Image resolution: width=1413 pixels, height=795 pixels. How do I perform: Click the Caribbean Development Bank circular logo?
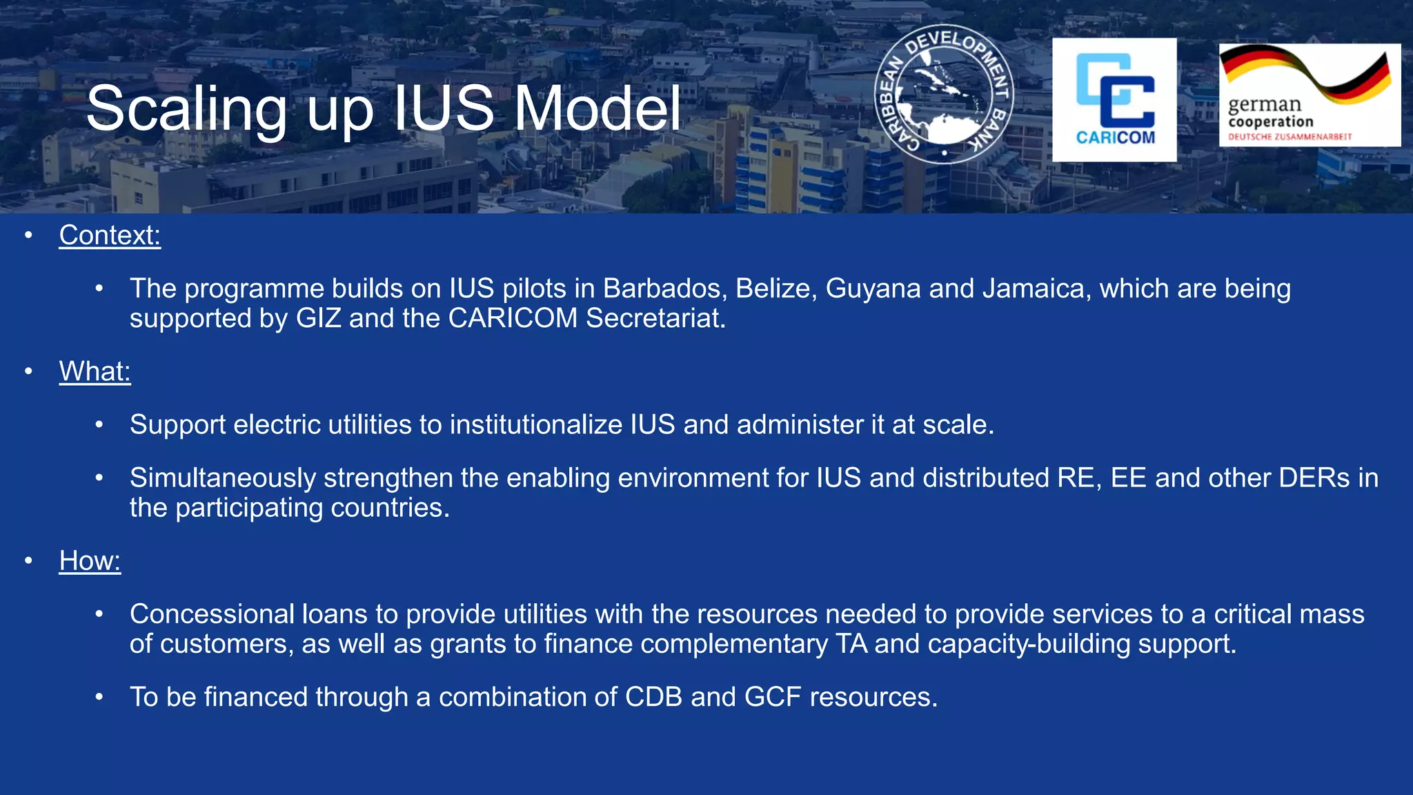pos(943,95)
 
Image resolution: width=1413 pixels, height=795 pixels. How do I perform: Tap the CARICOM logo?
pos(1114,100)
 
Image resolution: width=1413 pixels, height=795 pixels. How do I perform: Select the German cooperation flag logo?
pos(1310,95)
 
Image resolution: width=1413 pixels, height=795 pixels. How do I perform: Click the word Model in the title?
pos(597,109)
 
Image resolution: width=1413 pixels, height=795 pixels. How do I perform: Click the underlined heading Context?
pos(110,235)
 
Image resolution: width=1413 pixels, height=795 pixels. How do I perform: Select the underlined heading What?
pos(95,371)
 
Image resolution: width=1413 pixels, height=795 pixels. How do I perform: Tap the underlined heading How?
pos(90,560)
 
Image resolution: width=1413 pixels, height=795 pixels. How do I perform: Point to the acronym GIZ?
pos(318,318)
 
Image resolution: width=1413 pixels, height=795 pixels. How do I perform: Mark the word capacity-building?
pos(1029,644)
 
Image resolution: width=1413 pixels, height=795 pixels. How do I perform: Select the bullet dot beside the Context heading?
pos(28,235)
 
